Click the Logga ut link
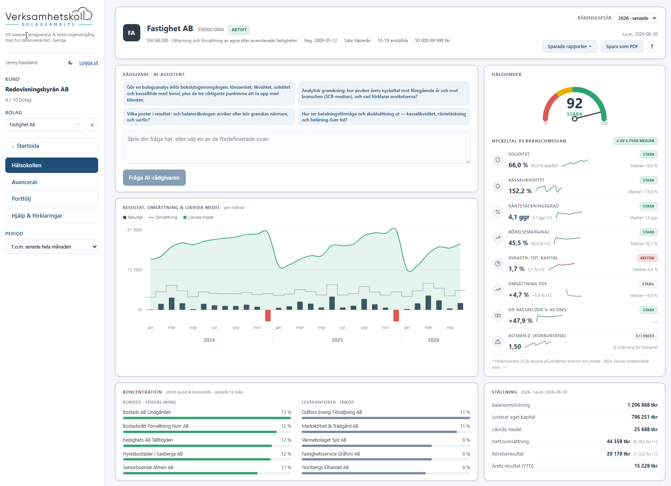point(88,63)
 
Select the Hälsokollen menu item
point(52,165)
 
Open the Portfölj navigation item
point(52,199)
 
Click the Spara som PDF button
point(622,47)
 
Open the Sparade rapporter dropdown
point(569,47)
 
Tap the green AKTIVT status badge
point(239,30)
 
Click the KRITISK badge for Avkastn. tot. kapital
point(647,258)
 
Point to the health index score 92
point(574,103)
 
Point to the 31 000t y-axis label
point(135,230)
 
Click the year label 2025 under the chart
point(337,340)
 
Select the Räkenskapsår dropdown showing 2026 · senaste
point(636,18)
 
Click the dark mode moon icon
point(70,63)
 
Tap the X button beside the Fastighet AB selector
point(92,125)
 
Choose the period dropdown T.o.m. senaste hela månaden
point(52,247)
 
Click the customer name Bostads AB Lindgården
point(147,412)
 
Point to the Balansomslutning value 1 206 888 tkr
point(642,405)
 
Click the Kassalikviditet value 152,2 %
point(520,191)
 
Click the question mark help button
point(652,47)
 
